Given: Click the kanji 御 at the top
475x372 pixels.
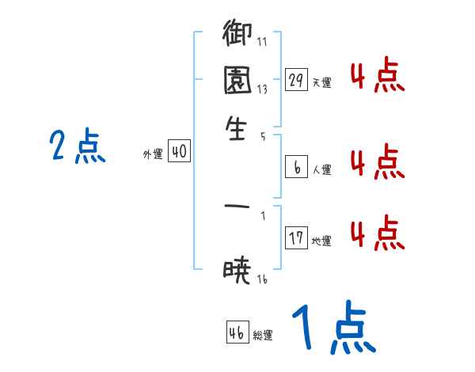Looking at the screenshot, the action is click(x=237, y=36).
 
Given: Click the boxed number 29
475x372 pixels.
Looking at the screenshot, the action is click(x=296, y=80).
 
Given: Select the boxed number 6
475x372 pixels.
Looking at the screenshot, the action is click(x=296, y=167).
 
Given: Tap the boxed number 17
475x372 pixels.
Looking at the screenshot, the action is click(x=296, y=238).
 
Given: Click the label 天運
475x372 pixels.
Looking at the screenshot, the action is click(x=321, y=82).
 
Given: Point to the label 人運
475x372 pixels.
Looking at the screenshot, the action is click(x=321, y=169).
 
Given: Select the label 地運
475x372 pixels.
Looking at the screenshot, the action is click(x=321, y=241).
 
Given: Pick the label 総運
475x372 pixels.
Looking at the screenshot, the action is click(x=263, y=336).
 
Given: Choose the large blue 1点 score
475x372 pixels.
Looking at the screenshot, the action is click(x=332, y=328).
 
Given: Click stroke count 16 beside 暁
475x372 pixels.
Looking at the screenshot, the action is click(x=263, y=279).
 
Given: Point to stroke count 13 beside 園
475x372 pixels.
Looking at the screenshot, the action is click(x=262, y=89).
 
